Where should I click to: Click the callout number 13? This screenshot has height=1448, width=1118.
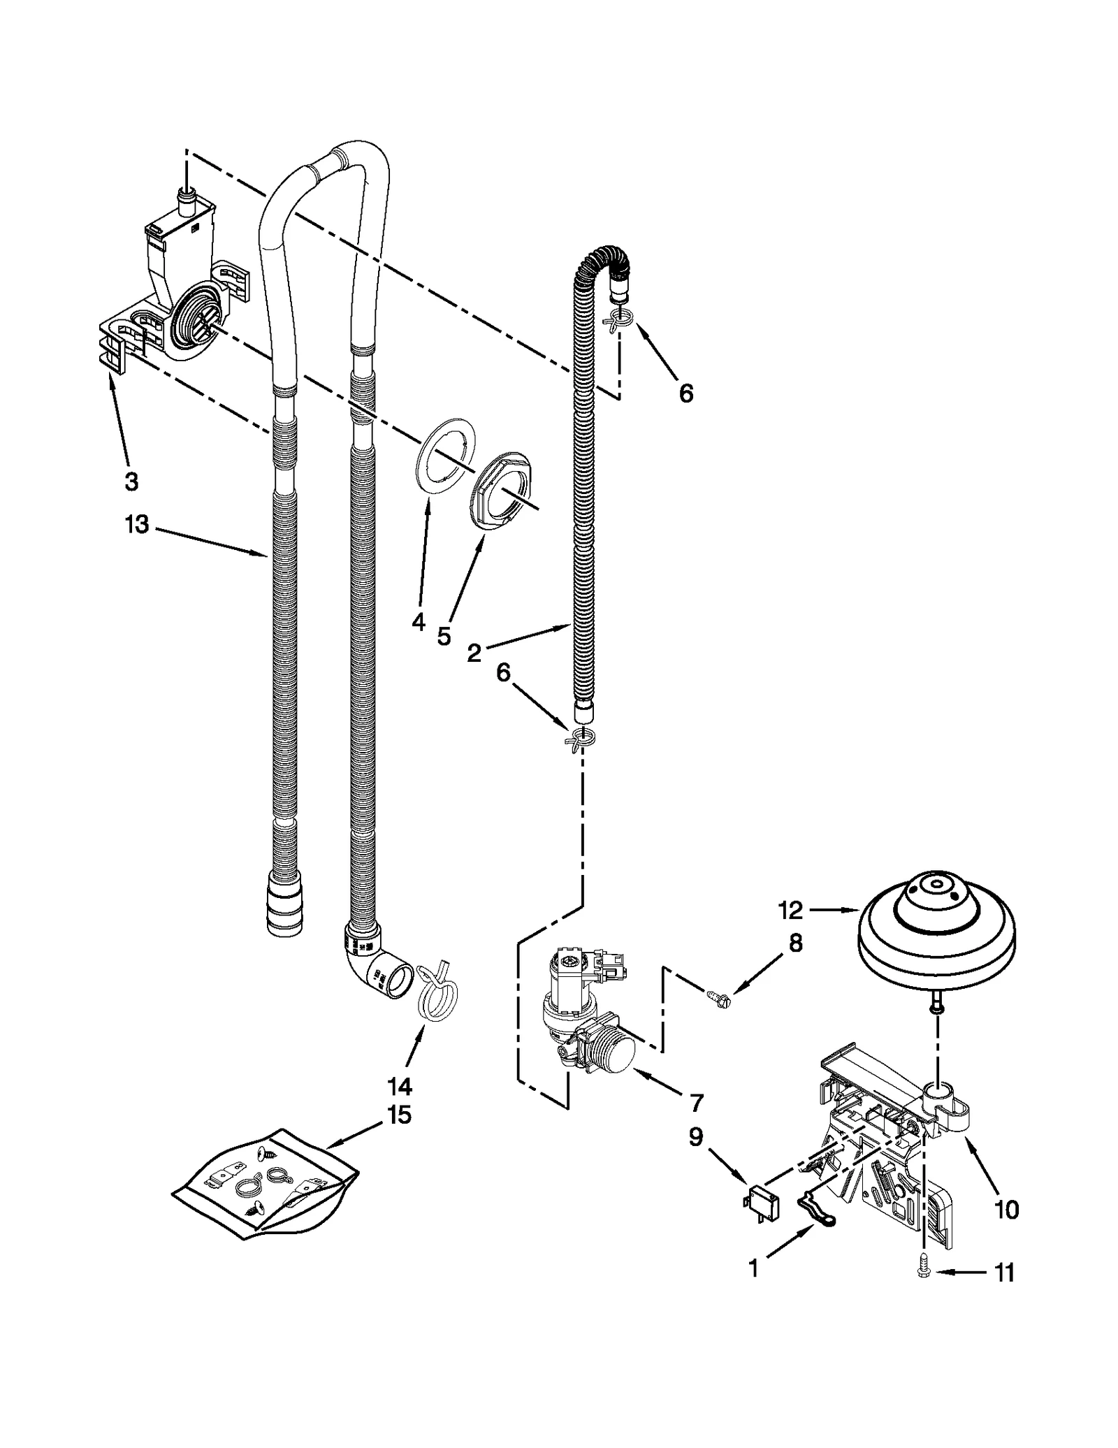pos(137,524)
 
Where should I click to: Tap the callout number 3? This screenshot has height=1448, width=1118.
pos(131,481)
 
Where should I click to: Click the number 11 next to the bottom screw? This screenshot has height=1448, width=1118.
pos(1003,1273)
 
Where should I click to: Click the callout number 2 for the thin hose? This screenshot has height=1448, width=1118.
pos(474,653)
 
